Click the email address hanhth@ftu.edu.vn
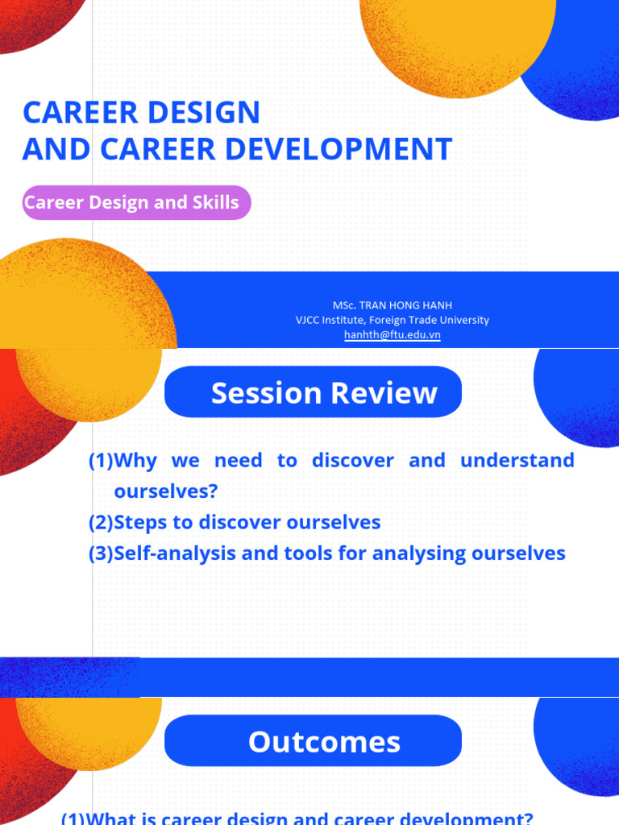click(x=392, y=334)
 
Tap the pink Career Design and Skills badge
click(x=135, y=203)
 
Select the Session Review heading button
click(x=313, y=392)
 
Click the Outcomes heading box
click(x=313, y=742)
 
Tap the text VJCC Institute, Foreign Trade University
click(x=392, y=320)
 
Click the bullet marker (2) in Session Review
click(x=101, y=522)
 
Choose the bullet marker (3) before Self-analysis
click(x=101, y=553)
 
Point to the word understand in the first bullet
click(x=517, y=461)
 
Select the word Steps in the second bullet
click(x=141, y=522)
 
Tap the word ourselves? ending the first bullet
click(x=166, y=491)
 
